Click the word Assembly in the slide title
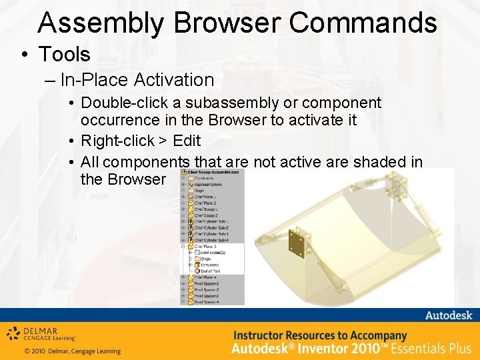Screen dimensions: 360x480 (100, 23)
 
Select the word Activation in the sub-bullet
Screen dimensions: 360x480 (174, 80)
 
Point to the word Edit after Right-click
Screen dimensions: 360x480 (186, 141)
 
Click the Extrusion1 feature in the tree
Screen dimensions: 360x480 (210, 265)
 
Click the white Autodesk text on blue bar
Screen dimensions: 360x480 (447, 315)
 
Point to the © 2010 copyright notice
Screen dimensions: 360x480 (72, 351)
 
